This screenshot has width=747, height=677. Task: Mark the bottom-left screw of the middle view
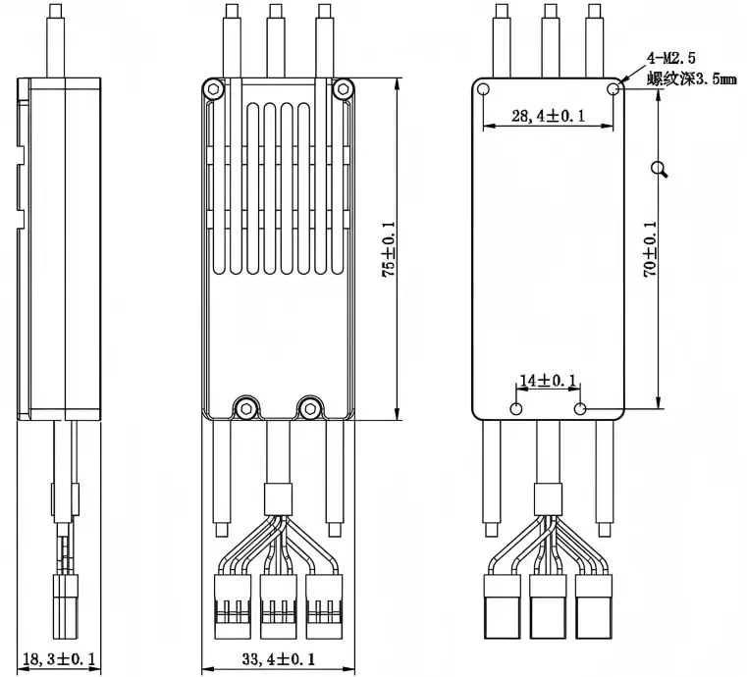tap(242, 404)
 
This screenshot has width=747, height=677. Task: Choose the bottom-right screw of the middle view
tap(310, 404)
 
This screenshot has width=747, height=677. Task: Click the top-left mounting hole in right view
tap(484, 89)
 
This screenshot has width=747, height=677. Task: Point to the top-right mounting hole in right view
tap(614, 89)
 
